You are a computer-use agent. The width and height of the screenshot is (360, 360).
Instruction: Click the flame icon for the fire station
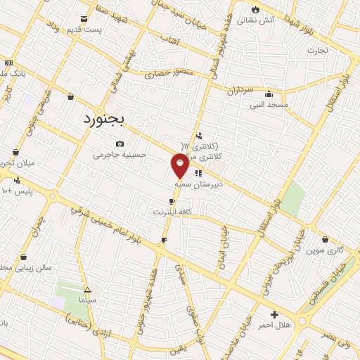point(255,10)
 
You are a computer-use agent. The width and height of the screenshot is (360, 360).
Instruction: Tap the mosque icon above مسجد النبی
point(268,94)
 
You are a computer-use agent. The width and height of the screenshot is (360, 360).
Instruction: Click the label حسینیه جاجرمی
point(120,154)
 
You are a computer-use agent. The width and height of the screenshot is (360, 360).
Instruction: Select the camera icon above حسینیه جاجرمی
point(120,144)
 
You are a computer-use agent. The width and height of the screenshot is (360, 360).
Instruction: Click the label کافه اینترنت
point(172,211)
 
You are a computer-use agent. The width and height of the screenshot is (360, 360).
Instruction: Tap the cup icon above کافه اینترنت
point(172,202)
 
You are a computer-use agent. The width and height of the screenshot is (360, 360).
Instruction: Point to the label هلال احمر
point(274,325)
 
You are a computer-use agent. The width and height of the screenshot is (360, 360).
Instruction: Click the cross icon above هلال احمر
point(274,314)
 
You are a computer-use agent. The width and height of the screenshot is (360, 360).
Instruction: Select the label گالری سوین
point(324,250)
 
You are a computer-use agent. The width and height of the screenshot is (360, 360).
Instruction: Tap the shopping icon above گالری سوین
point(324,239)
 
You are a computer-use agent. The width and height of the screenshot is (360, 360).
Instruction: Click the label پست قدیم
point(84,30)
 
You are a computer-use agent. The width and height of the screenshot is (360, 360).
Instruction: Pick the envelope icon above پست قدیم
point(84,19)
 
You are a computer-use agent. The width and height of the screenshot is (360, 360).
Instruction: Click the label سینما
point(87,300)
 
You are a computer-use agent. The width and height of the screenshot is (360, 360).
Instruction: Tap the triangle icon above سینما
point(87,290)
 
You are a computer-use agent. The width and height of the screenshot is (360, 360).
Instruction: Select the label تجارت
point(318,51)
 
